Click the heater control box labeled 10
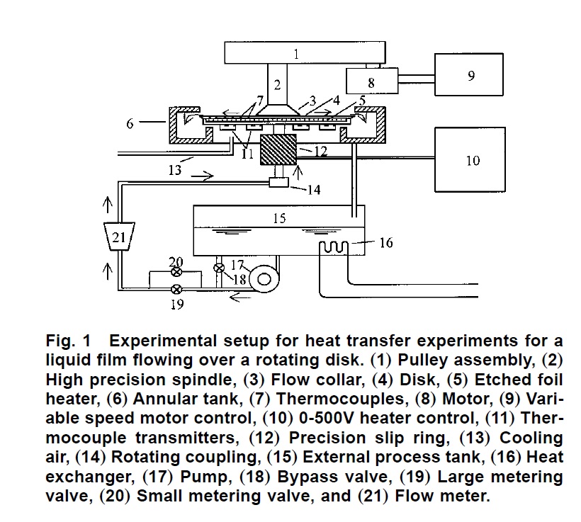[473, 160]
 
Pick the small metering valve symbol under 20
[176, 271]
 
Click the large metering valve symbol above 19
[176, 288]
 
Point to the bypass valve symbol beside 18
[220, 268]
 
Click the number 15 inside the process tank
[279, 219]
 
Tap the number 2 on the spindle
[278, 84]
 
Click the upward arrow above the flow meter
[107, 205]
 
